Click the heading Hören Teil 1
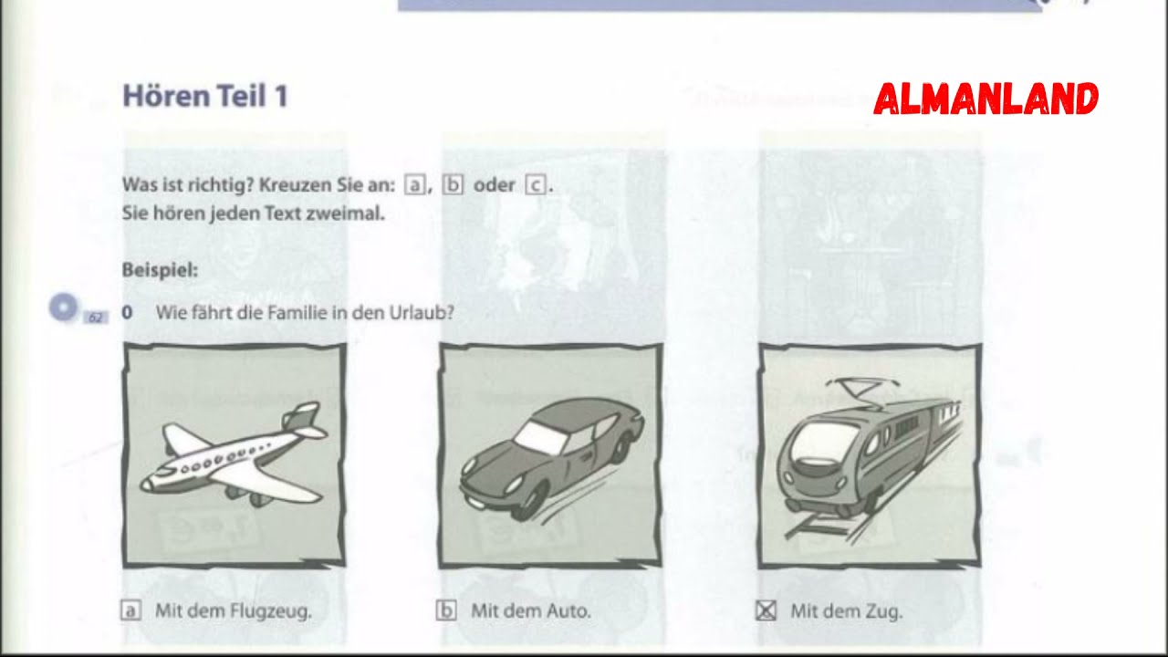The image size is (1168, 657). click(205, 96)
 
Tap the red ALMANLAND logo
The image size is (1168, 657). click(985, 99)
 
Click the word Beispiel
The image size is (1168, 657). click(159, 270)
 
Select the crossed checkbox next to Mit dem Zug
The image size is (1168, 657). click(766, 611)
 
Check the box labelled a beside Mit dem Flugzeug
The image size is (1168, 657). click(130, 611)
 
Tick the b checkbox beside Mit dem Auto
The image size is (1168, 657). click(446, 611)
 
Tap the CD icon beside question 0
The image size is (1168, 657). click(63, 308)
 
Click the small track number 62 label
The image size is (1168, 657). click(96, 318)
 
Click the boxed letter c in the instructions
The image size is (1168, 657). click(536, 185)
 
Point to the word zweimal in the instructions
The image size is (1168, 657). click(349, 215)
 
